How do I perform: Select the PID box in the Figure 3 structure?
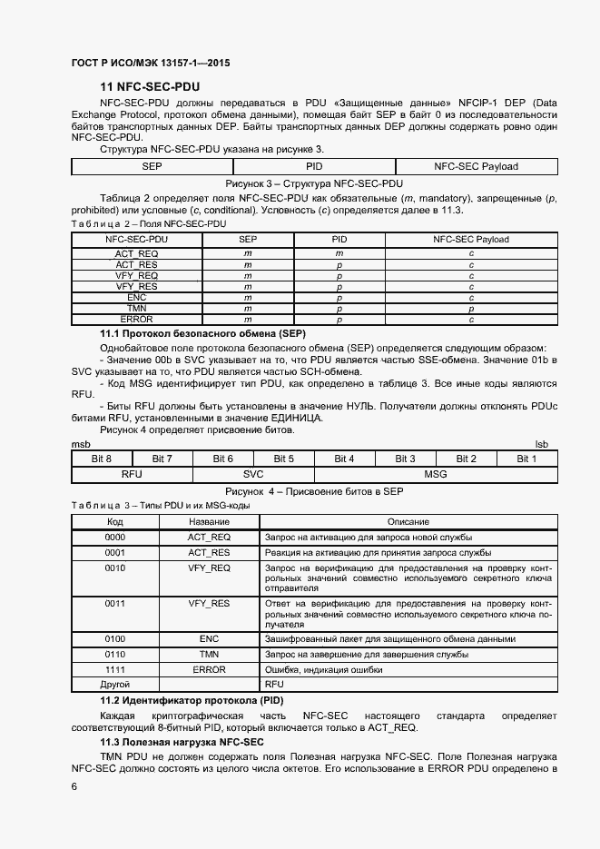(314, 166)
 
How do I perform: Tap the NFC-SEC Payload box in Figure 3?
(476, 166)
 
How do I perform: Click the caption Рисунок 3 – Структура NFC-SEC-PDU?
(314, 183)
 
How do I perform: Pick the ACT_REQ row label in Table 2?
(136, 252)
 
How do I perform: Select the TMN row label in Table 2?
(136, 309)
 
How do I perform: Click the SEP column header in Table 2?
(247, 240)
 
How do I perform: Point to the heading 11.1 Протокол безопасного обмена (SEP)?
(196, 334)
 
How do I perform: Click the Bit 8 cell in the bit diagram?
(102, 459)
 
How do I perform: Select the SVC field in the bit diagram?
(253, 474)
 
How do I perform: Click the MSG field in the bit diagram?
(436, 474)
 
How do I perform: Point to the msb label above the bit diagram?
(80, 444)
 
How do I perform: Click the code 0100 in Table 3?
(115, 639)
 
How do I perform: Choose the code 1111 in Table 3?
(115, 669)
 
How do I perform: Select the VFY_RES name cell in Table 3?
(209, 602)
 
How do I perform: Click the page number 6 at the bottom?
(74, 786)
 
